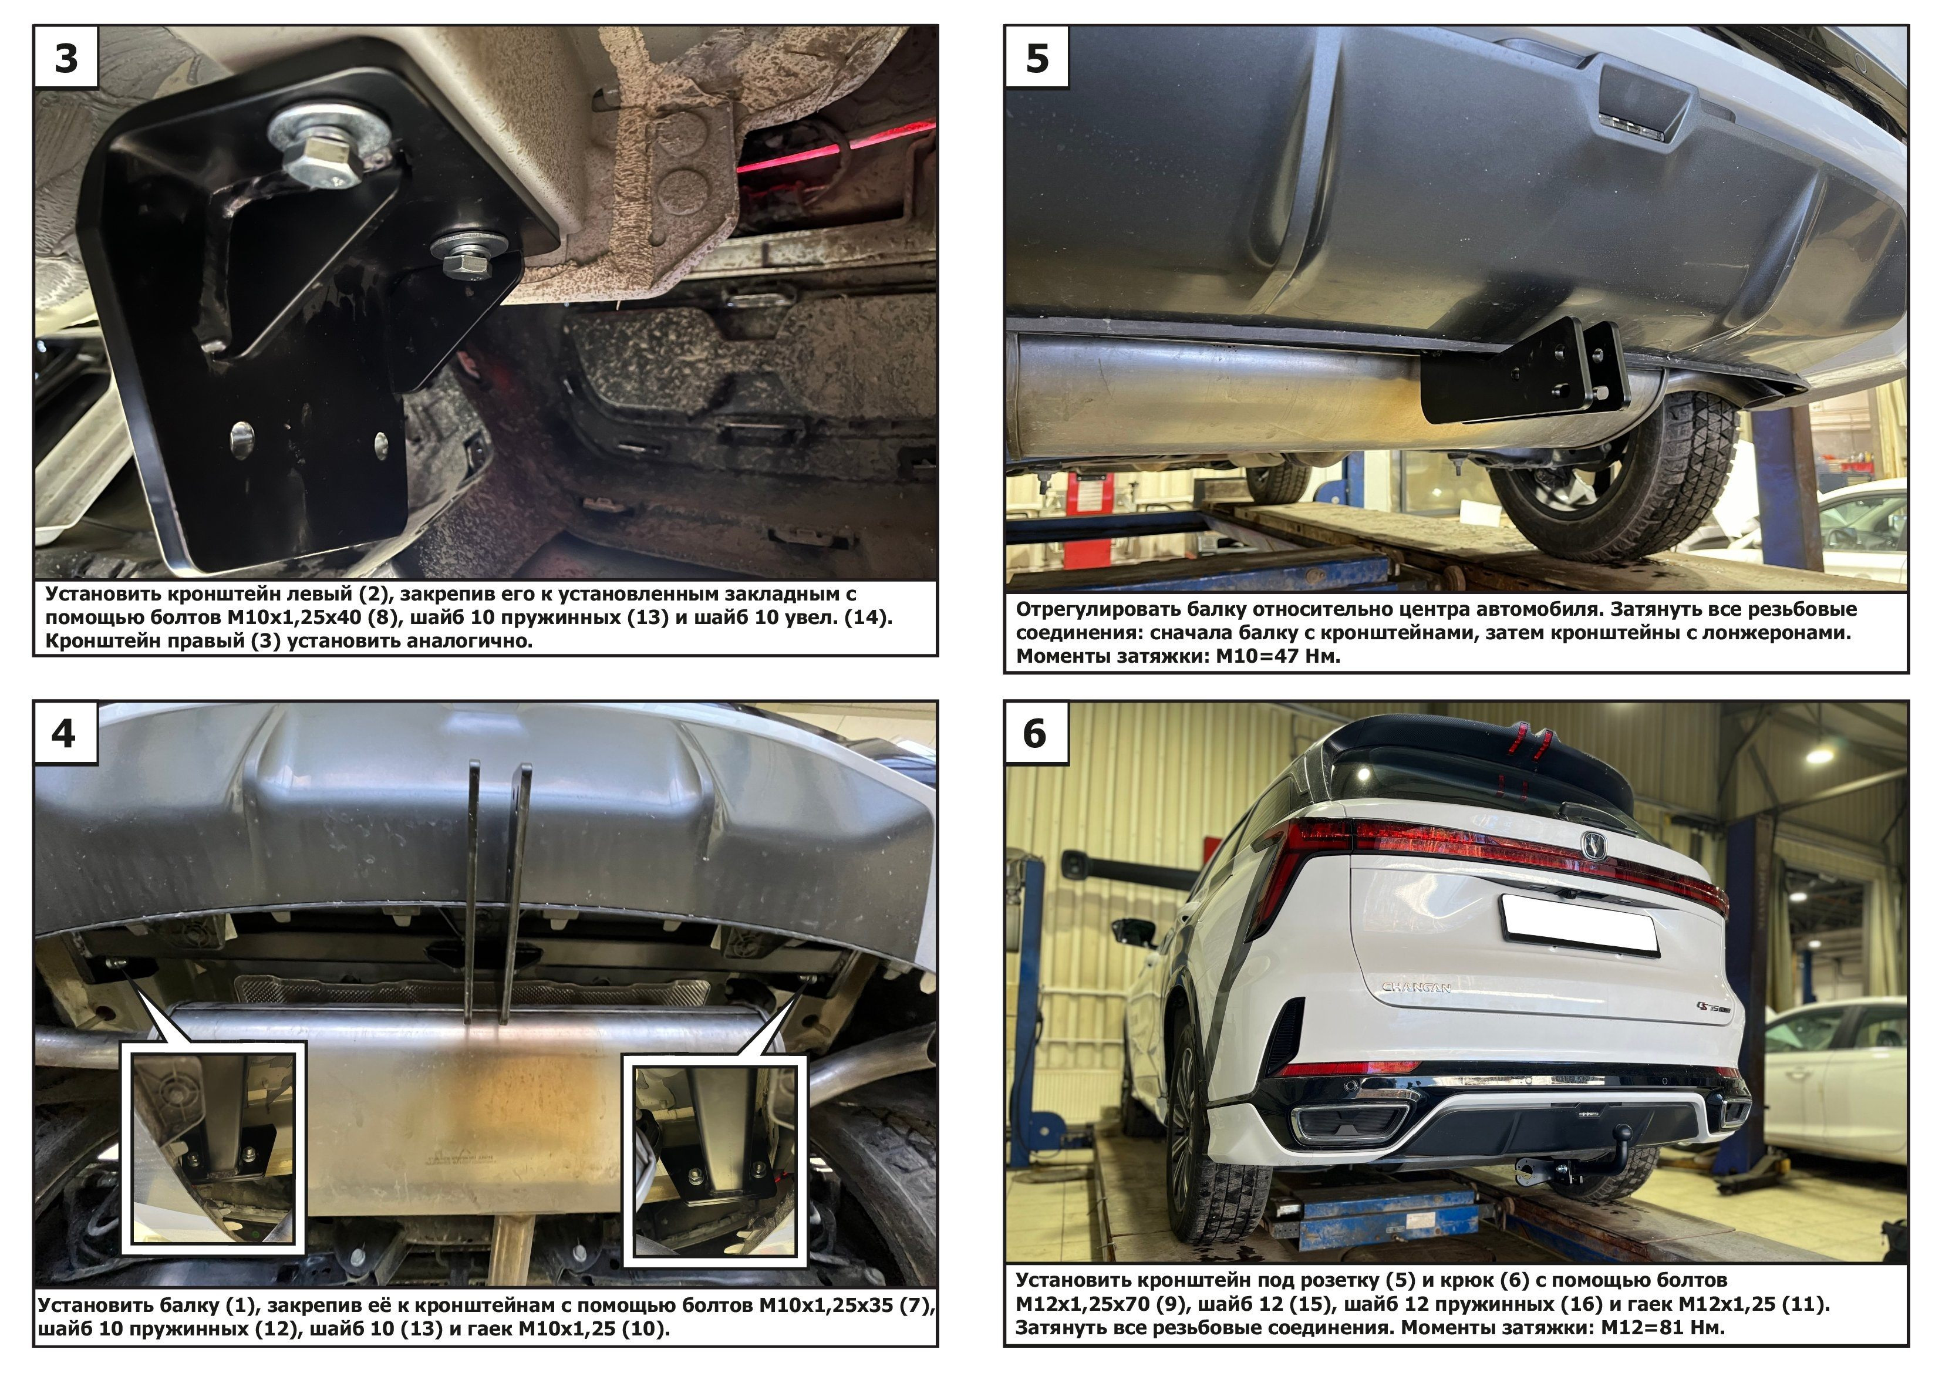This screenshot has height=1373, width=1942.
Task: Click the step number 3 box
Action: [66, 57]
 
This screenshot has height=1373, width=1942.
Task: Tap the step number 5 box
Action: [1037, 57]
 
